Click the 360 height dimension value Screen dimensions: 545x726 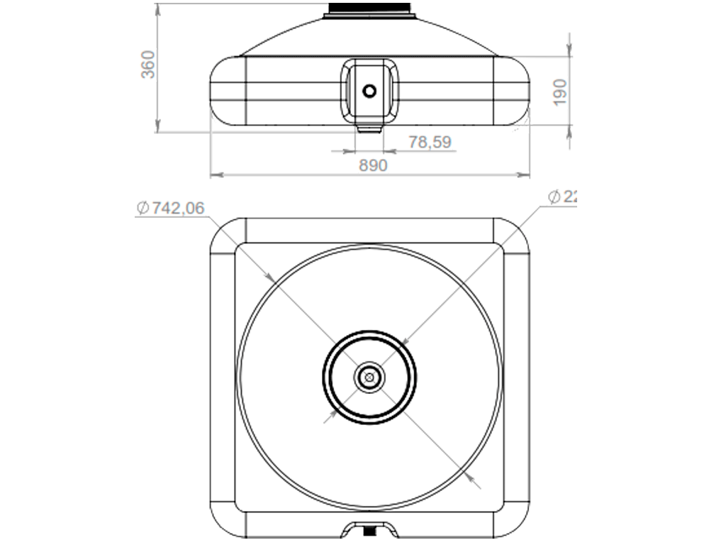pos(147,65)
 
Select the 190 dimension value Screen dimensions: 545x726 pos(560,92)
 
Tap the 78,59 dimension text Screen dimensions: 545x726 pos(430,142)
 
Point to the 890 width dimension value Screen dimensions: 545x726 pos(373,165)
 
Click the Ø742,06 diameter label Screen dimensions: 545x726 pos(170,208)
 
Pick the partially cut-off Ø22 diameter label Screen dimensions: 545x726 pos(564,197)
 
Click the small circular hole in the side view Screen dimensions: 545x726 pos(369,91)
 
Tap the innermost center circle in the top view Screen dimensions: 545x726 pos(369,377)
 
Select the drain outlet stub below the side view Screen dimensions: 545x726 pos(369,128)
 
